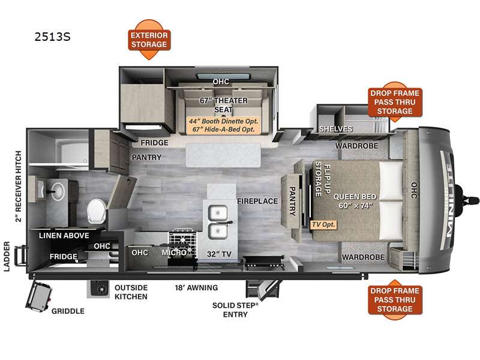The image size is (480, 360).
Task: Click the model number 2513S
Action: [52, 37]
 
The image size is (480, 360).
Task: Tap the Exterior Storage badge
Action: [149, 40]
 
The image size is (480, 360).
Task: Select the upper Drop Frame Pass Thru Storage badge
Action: [395, 101]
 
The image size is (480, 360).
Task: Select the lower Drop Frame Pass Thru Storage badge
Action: [395, 299]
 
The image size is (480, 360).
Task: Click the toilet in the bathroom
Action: [96, 211]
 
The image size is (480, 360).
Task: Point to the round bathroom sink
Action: [58, 191]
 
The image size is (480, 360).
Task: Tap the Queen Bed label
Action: [355, 201]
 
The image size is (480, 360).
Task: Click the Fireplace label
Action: [257, 201]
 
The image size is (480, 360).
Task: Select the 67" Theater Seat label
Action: [223, 104]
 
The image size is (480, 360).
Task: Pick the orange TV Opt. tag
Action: [323, 224]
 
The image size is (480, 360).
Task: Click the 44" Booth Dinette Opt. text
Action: [223, 121]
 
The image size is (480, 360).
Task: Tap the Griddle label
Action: [68, 311]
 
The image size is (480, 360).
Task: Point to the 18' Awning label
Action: [197, 288]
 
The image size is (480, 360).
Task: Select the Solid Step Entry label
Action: [235, 310]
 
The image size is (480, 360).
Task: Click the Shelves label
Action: [336, 129]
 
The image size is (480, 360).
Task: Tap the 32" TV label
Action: [219, 254]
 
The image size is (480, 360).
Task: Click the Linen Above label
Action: [64, 235]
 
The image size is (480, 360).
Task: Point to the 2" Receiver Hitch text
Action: [19, 186]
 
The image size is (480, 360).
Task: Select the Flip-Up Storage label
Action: [323, 179]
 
